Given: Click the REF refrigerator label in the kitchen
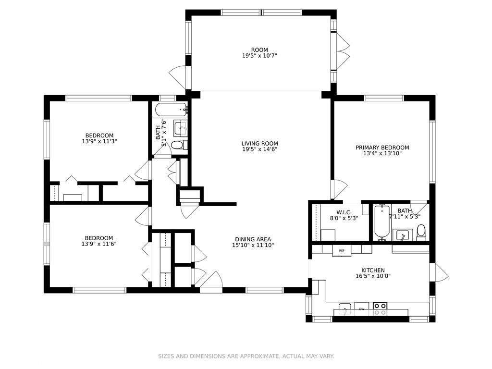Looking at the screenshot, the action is point(342,250).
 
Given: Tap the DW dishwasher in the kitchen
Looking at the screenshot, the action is point(362,309).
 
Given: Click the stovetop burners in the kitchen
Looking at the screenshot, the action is point(380,309).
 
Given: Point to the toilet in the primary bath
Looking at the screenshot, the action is point(421,232).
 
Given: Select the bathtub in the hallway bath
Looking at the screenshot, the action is point(171,110).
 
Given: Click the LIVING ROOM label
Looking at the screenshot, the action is point(259,144).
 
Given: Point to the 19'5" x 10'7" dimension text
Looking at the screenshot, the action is point(259,56).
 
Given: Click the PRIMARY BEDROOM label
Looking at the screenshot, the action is point(382,148).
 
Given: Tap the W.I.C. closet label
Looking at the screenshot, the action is point(344,213).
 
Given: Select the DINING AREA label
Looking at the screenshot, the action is point(253,239).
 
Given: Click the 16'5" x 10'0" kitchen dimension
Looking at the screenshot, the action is point(373,276).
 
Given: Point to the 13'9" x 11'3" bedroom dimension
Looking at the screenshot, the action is point(99,142).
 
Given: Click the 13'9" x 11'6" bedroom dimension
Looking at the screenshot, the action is point(99,244).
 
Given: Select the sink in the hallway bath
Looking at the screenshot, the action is point(181,128).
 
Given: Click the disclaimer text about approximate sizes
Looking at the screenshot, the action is point(246,356).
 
